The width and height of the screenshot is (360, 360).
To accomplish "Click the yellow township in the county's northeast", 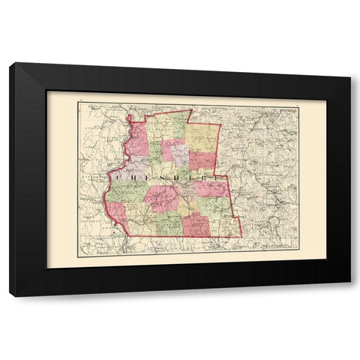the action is (202, 136).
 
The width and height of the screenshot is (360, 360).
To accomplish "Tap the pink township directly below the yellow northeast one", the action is (202, 160).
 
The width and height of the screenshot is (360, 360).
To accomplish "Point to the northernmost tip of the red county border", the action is (191, 110).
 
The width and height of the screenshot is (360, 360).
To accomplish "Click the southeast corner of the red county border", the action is (241, 236).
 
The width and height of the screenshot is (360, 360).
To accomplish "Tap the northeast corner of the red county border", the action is (220, 124).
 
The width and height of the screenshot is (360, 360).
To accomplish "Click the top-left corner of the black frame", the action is (10, 63).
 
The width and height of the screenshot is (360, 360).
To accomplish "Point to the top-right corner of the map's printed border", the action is (298, 108).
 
